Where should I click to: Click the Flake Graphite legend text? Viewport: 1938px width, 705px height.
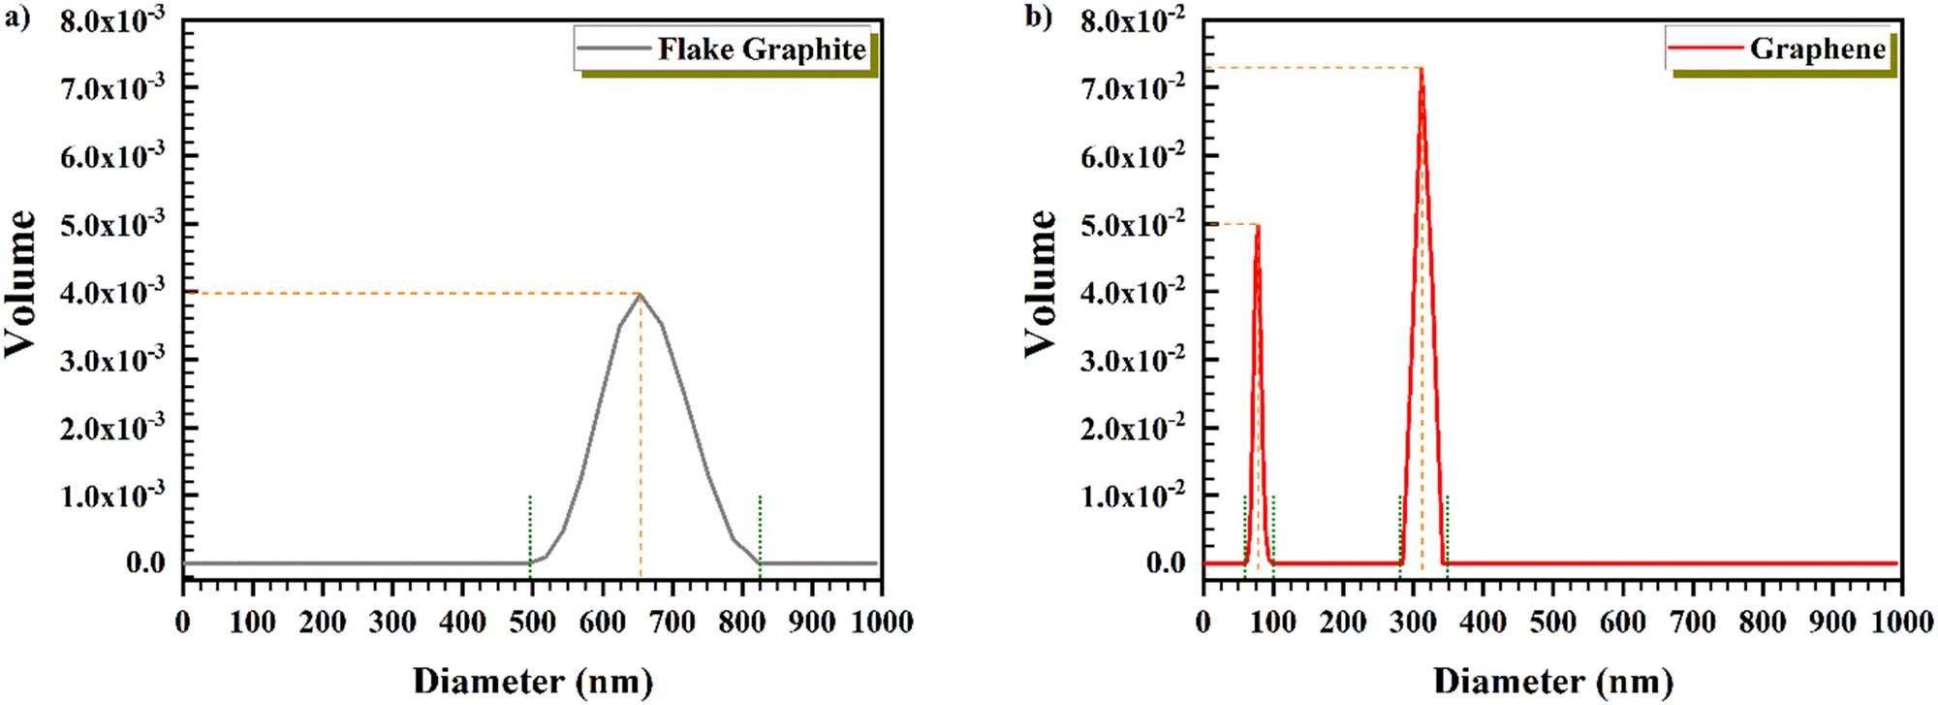click(x=762, y=49)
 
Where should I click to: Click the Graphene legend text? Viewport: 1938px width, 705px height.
click(x=1817, y=49)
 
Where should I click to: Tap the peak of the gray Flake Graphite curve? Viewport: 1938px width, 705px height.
click(x=641, y=295)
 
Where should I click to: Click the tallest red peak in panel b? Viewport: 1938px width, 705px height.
click(x=1422, y=70)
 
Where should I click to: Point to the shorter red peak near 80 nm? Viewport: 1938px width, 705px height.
click(x=1258, y=227)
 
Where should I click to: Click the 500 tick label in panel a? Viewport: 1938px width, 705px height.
click(x=532, y=623)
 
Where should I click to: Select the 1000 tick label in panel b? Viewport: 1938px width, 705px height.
click(x=1902, y=623)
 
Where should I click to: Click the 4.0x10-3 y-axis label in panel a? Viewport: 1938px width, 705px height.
click(x=112, y=292)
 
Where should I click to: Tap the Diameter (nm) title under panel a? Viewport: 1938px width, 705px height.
click(x=532, y=681)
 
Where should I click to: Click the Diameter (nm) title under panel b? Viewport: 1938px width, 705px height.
click(x=1552, y=681)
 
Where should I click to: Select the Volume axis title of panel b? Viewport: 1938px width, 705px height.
click(x=1041, y=283)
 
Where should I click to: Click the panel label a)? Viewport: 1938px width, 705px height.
click(x=17, y=17)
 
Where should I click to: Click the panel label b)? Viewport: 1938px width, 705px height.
click(x=1038, y=17)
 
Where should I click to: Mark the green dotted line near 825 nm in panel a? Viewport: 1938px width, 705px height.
click(x=760, y=529)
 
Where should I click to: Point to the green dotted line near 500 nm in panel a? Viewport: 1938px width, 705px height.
click(x=530, y=529)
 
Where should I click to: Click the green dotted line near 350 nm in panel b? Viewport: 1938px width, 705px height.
click(x=1447, y=529)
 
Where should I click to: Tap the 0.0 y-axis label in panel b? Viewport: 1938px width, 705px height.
click(x=1166, y=562)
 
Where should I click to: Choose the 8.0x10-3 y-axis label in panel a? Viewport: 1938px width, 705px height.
click(x=112, y=20)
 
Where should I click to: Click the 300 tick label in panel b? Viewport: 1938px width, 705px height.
click(x=1413, y=623)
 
